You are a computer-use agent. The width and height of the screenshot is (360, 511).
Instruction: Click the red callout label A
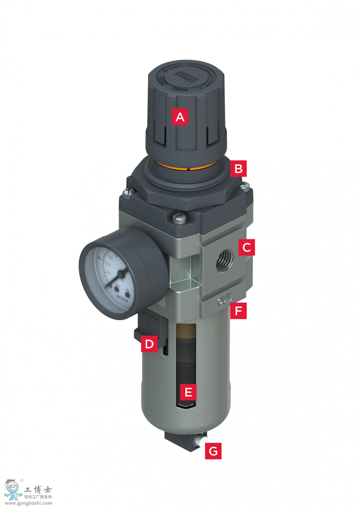tap(180, 117)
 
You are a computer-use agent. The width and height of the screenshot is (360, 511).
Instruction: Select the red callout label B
tap(238, 168)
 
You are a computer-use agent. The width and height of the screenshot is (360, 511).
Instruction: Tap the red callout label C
tap(246, 247)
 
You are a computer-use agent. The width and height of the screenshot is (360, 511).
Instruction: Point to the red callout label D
tap(149, 344)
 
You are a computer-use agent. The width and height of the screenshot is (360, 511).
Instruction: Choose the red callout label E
tap(188, 392)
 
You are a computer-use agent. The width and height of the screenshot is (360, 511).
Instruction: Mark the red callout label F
tap(238, 311)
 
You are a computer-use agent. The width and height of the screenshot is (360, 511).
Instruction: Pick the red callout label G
tap(213, 451)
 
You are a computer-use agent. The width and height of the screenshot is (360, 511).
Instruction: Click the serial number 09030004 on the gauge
tap(122, 298)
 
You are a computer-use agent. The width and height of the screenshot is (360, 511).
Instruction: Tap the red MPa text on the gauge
tap(118, 285)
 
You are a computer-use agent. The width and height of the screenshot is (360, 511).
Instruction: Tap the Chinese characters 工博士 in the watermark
tap(38, 490)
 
